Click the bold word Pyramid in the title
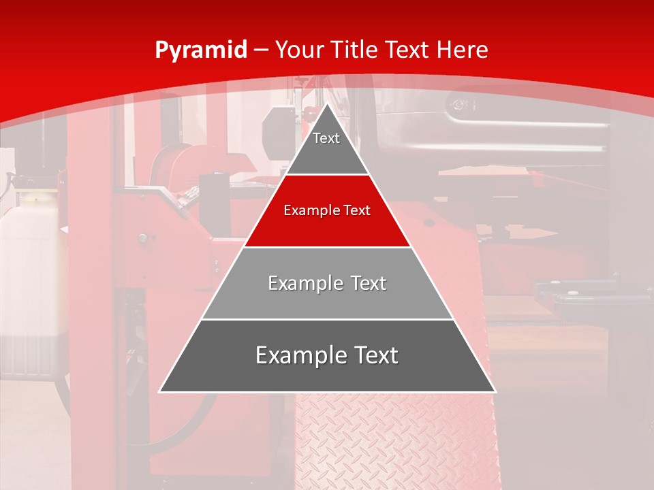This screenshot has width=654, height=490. (x=201, y=50)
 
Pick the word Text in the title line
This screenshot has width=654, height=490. (x=410, y=50)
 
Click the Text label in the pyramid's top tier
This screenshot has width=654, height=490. (x=326, y=138)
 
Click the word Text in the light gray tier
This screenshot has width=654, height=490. (x=369, y=283)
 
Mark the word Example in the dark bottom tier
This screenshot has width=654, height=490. (x=297, y=355)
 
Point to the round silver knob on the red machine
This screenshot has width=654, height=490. (x=142, y=238)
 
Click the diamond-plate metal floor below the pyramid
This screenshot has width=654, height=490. (x=395, y=442)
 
